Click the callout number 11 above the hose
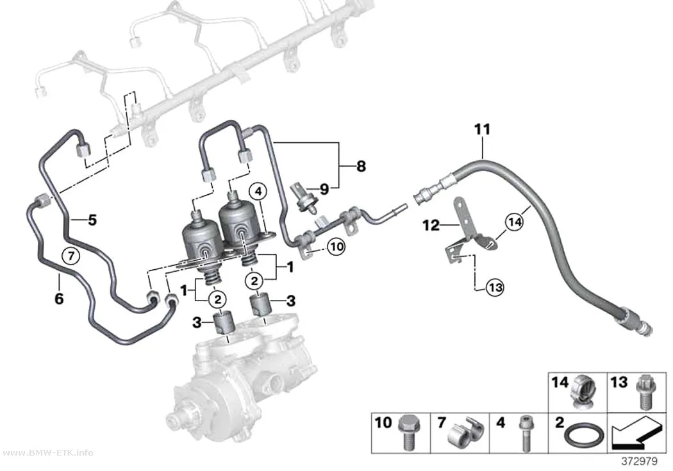pyautogui.click(x=482, y=129)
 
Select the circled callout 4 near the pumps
pyautogui.click(x=258, y=193)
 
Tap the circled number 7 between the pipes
pyautogui.click(x=71, y=256)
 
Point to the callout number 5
pyautogui.click(x=92, y=220)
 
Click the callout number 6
pyautogui.click(x=59, y=298)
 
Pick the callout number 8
pyautogui.click(x=361, y=166)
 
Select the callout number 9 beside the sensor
pyautogui.click(x=324, y=189)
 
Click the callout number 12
pyautogui.click(x=431, y=225)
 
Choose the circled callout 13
pyautogui.click(x=495, y=287)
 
